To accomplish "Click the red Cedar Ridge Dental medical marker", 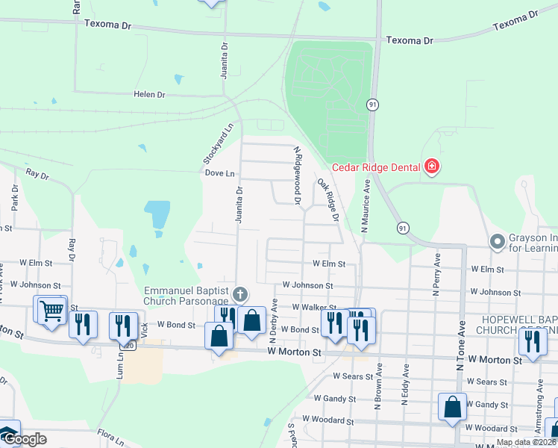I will click(431, 167).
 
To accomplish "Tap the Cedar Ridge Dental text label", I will click(377, 167).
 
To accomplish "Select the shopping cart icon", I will click(50, 310).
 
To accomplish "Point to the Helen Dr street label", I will click(148, 95).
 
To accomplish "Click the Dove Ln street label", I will click(219, 173).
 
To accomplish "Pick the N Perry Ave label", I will click(437, 274).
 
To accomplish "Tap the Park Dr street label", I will click(14, 199).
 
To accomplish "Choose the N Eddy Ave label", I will click(406, 384).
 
